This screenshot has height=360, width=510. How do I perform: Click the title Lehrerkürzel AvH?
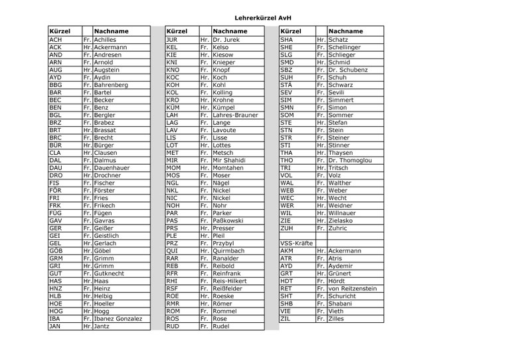click(264, 19)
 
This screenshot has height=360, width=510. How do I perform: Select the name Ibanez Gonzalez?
click(118, 319)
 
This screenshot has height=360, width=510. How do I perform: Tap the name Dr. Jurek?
click(226, 40)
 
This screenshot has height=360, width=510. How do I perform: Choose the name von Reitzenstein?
click(353, 289)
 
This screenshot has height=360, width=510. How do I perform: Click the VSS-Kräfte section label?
click(297, 244)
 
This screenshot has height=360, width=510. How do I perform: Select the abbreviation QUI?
click(172, 251)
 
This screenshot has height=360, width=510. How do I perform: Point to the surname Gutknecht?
click(108, 274)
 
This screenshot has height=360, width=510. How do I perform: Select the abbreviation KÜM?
click(173, 107)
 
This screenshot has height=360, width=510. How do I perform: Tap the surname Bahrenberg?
click(111, 85)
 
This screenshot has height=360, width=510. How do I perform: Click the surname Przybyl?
click(227, 244)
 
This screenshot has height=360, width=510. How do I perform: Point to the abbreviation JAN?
click(56, 326)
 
